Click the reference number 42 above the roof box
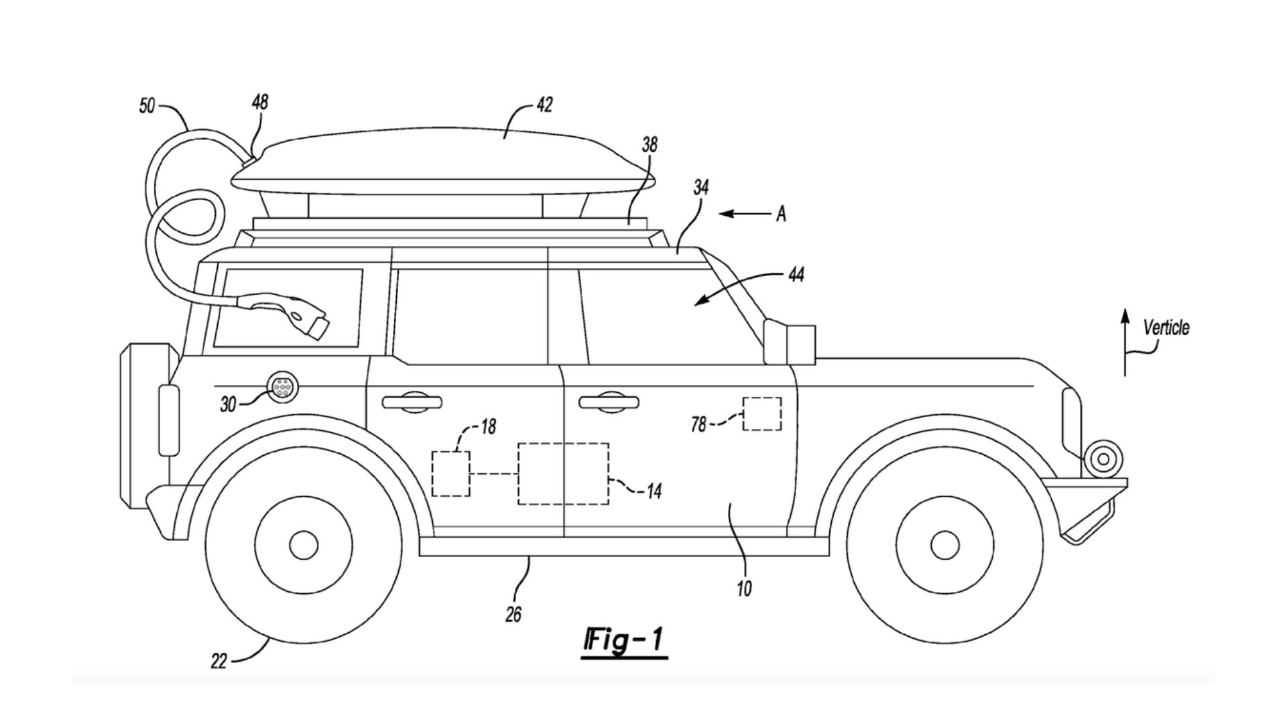[x=544, y=105]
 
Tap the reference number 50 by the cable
[x=147, y=106]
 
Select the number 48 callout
[x=259, y=102]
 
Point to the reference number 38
[x=649, y=145]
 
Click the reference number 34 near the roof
[x=700, y=187]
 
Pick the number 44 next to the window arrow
[x=796, y=274]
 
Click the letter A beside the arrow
[x=781, y=215]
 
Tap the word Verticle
[x=1166, y=328]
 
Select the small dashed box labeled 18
[x=450, y=473]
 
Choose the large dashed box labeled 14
[x=563, y=473]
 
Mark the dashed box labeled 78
[x=762, y=414]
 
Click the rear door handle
[x=412, y=402]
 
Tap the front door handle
[x=609, y=402]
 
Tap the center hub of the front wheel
[x=944, y=545]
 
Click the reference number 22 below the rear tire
[x=219, y=662]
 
